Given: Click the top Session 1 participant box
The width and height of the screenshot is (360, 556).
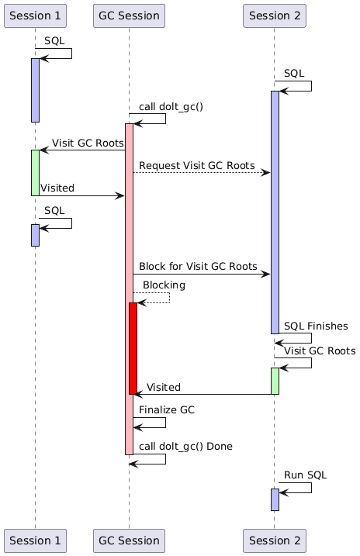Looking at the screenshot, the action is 35,16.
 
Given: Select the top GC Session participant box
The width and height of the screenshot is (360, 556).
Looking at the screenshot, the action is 129,16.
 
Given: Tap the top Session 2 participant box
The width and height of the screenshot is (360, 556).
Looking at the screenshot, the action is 275,16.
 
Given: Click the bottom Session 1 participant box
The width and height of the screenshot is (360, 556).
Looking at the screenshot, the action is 35,540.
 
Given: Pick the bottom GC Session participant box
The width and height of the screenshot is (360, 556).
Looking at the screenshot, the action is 129,540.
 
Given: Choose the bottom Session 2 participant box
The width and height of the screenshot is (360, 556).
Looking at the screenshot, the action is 275,540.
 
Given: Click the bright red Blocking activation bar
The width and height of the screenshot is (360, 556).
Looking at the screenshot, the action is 133,348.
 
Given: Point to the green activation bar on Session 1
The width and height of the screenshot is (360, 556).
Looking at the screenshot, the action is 35,173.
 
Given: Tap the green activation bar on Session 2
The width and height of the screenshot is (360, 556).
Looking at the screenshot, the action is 275,381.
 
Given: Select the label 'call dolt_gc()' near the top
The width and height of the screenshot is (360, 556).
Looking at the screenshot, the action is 171,107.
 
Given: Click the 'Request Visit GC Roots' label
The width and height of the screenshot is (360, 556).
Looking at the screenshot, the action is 197,166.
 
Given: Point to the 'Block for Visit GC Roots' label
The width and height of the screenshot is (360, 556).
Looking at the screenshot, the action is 198,266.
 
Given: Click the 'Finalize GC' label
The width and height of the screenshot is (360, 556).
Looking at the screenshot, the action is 167,410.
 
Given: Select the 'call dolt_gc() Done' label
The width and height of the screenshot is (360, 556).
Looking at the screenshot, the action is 185,447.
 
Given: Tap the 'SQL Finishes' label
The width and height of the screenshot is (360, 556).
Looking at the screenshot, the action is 316,326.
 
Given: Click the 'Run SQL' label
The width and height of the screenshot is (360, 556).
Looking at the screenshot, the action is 306,475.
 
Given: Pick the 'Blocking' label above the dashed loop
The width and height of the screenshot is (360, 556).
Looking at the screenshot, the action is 164,285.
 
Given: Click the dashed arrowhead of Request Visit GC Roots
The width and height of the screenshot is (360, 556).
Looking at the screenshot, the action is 266,173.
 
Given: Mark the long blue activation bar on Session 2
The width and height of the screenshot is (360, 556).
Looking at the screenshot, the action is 275,212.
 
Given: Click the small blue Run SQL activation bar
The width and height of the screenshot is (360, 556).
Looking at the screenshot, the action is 275,499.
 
